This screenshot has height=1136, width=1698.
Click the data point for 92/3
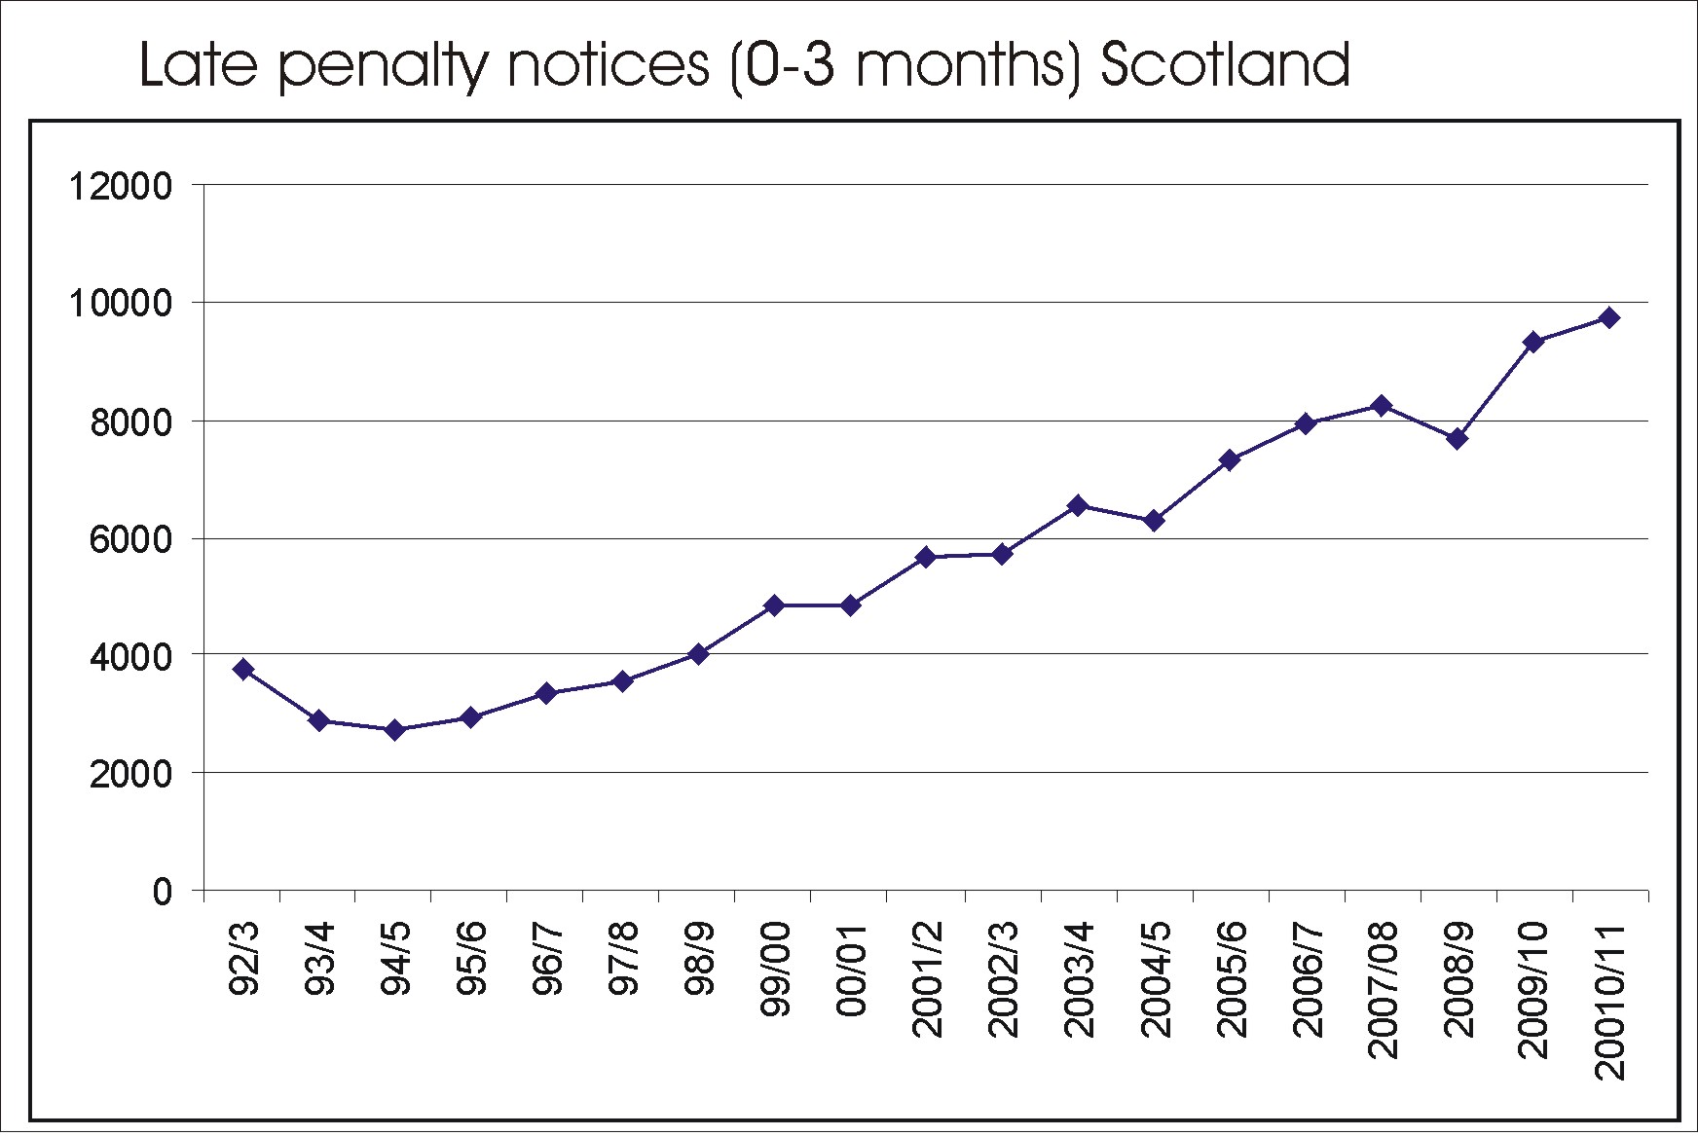tap(243, 669)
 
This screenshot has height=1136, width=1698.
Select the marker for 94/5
tap(395, 730)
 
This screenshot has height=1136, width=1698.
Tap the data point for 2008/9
tap(1458, 439)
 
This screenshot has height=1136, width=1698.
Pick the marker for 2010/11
tap(1609, 317)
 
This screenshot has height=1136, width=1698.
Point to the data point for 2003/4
tap(1078, 505)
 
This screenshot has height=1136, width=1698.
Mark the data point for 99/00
tap(774, 605)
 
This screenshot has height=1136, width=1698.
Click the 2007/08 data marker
tap(1382, 405)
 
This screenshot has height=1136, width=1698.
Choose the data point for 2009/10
tap(1533, 342)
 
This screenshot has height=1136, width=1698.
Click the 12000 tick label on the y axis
tap(120, 186)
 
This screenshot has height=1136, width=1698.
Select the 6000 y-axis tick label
tap(130, 539)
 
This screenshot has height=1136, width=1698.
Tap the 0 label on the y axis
tap(162, 892)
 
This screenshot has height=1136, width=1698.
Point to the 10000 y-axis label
tap(120, 304)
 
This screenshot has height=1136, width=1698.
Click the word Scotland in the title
tap(1225, 65)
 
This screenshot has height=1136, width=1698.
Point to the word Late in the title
tap(199, 65)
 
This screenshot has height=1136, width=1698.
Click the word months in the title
tap(962, 65)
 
